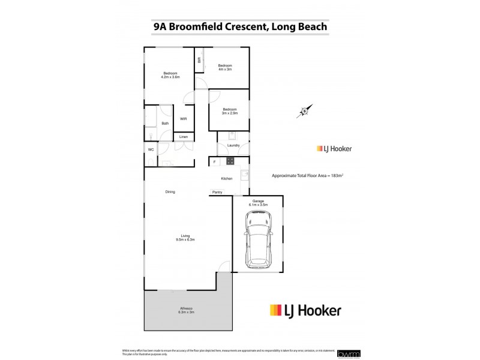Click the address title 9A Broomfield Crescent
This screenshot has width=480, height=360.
pos(240,26)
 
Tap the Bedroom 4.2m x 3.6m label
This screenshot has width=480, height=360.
pos(170,75)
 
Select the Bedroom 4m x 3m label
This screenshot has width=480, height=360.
pos(225,67)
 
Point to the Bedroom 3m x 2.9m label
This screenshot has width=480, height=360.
pos(230,111)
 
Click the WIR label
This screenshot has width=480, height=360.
pos(184,119)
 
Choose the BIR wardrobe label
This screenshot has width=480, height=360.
pos(199,59)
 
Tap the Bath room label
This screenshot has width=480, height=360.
pos(165,124)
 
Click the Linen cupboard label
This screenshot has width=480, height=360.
pos(184,137)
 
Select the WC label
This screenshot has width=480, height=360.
pos(151,149)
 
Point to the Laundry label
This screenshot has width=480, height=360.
pos(233,145)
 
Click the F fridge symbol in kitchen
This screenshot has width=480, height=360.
pos(214,161)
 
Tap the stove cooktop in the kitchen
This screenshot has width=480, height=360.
pos(229,161)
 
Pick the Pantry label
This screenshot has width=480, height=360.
pos(217,192)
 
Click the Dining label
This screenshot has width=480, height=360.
pos(170,191)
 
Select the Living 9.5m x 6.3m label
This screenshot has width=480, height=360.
pos(185,238)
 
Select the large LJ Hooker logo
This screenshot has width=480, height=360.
pos(305,310)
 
